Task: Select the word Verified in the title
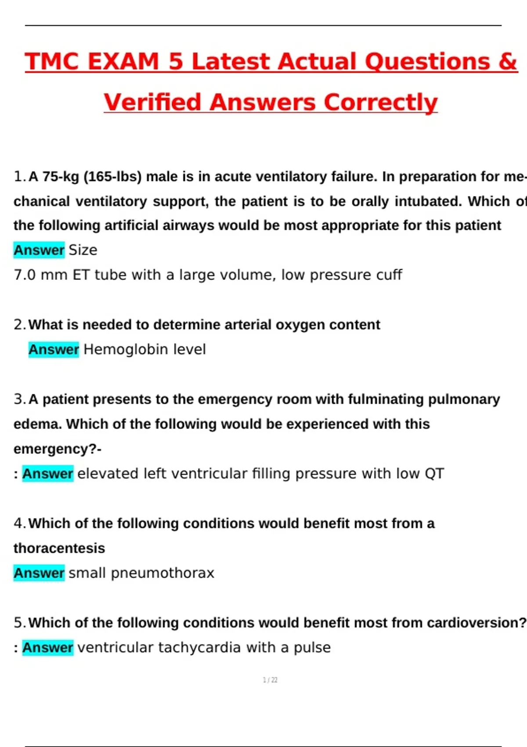coord(152,102)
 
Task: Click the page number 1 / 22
coord(270,680)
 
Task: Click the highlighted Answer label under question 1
coord(39,250)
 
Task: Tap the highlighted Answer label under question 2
coord(54,350)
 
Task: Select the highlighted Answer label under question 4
coord(39,573)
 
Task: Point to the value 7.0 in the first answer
coord(25,275)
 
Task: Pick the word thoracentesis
coord(59,548)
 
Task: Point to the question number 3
coord(19,399)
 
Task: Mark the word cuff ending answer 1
coord(389,275)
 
